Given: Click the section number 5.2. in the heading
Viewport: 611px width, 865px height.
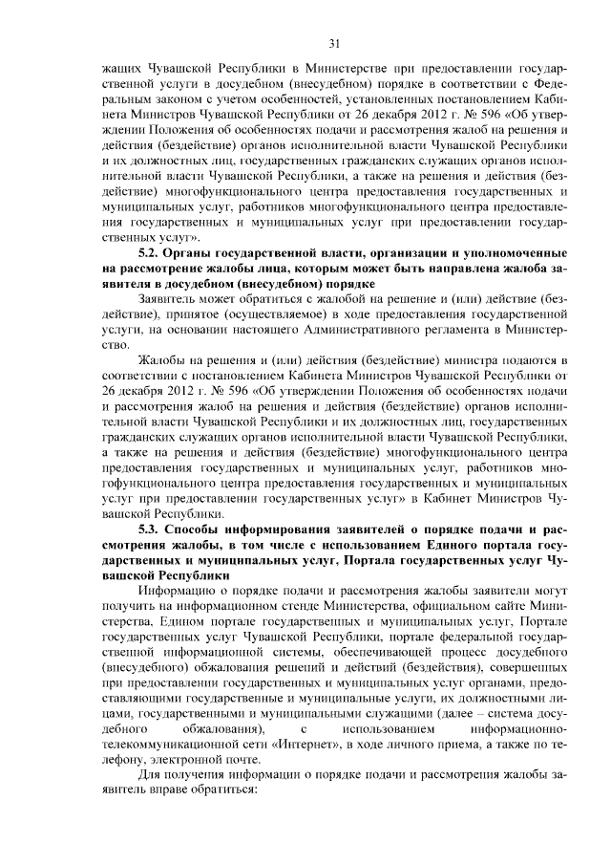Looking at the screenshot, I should (x=153, y=252).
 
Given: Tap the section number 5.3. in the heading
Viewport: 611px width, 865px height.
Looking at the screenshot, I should (x=153, y=530).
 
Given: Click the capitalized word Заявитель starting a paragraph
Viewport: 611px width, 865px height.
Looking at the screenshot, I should (x=171, y=299).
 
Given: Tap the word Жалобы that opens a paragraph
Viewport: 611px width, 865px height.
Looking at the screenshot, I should (x=164, y=360).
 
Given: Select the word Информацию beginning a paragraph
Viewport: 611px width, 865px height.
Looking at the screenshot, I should (x=179, y=592).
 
